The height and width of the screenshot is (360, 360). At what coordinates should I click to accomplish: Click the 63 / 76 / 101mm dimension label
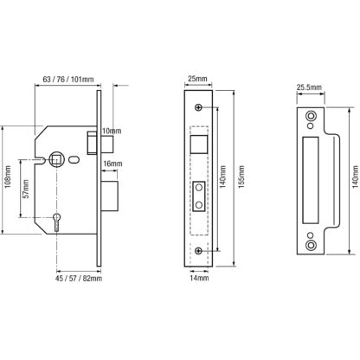(x=68, y=79)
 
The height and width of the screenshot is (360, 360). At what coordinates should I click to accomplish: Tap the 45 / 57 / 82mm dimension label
(x=79, y=279)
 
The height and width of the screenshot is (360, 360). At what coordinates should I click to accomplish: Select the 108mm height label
(x=8, y=177)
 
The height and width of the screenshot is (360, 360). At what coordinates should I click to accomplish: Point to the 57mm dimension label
(x=26, y=189)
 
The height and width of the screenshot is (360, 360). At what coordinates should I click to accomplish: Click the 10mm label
(x=112, y=131)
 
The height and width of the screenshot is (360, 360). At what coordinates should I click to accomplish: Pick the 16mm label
(x=112, y=164)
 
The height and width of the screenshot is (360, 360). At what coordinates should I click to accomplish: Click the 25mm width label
(x=197, y=79)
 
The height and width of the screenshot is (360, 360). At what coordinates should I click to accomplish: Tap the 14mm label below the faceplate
(x=199, y=279)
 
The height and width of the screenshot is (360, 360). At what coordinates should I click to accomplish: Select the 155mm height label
(x=241, y=177)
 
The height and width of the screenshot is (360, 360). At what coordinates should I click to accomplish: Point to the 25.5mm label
(x=310, y=87)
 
